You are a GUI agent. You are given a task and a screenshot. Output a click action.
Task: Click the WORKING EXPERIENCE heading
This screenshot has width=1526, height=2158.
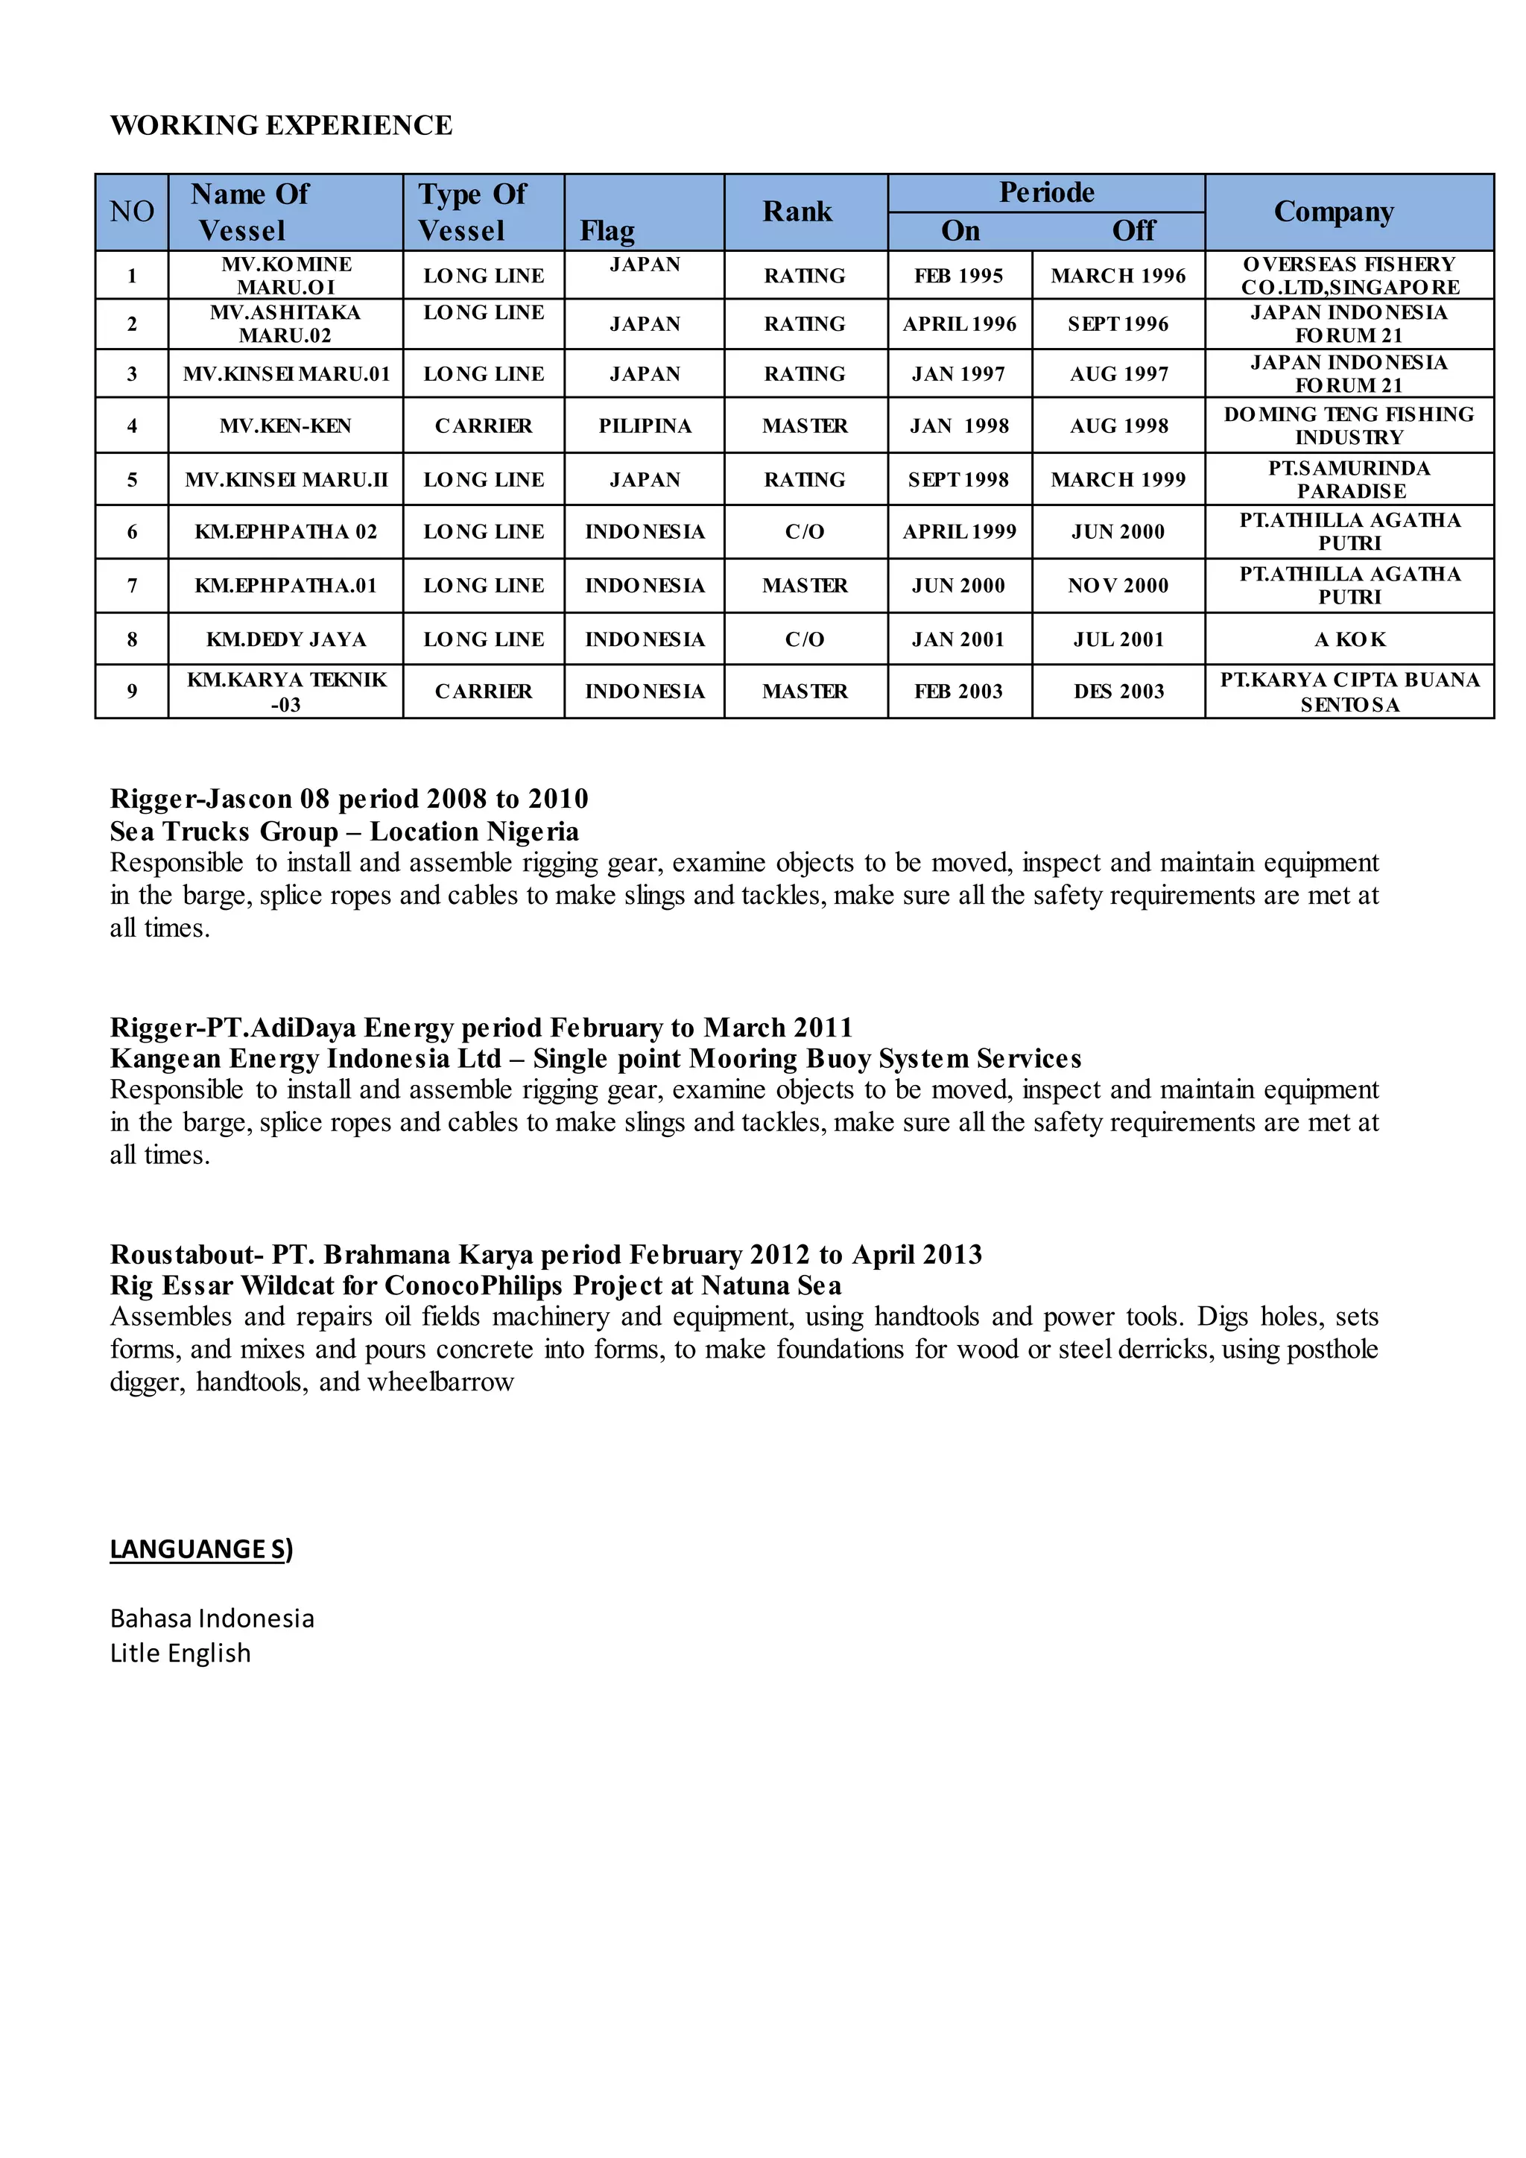click(x=281, y=125)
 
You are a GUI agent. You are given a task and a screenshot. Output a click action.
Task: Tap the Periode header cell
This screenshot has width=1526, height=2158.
click(x=1046, y=193)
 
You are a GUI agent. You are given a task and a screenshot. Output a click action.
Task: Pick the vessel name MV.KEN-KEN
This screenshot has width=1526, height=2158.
click(x=285, y=425)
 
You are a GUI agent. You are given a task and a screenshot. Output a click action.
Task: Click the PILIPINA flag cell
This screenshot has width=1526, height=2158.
click(x=645, y=425)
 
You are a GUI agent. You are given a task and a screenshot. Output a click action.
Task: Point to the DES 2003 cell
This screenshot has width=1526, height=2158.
click(x=1118, y=691)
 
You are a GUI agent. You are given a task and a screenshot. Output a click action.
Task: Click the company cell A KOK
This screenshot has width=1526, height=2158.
click(x=1349, y=639)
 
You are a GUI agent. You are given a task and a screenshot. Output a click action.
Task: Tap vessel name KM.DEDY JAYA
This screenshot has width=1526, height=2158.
click(x=285, y=639)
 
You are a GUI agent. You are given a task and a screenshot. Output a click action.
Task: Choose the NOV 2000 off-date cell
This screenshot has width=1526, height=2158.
click(x=1118, y=586)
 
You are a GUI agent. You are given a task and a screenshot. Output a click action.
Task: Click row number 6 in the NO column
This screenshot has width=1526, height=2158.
click(x=132, y=532)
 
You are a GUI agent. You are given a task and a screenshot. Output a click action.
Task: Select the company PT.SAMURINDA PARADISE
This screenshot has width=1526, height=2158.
click(x=1349, y=479)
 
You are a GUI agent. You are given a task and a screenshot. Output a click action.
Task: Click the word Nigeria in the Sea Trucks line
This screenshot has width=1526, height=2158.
click(x=533, y=831)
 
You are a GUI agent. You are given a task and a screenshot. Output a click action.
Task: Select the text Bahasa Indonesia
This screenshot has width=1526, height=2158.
click(x=212, y=1618)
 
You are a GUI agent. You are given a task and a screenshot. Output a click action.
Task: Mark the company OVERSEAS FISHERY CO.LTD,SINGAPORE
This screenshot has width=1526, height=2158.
click(x=1349, y=276)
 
